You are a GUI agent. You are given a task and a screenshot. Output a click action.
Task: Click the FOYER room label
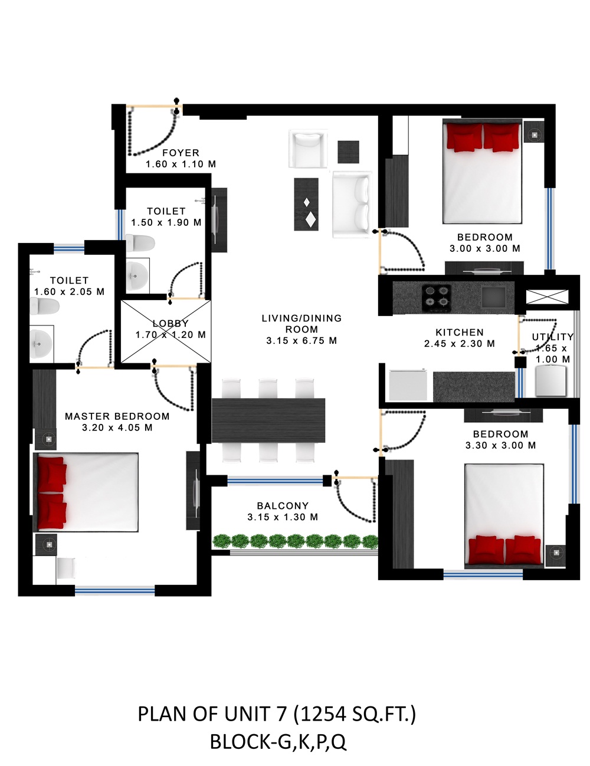tap(181, 153)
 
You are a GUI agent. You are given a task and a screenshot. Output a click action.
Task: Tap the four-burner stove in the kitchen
tap(437, 298)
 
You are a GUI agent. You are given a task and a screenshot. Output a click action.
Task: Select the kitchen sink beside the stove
tap(493, 296)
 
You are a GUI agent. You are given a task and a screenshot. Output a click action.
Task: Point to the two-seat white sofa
tap(352, 205)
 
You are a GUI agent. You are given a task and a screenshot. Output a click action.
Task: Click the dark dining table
tap(268, 420)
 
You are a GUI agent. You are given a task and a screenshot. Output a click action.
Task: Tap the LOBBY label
tap(171, 323)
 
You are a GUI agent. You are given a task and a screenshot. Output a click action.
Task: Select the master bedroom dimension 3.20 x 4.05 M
tap(117, 428)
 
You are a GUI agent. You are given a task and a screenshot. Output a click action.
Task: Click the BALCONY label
tap(283, 506)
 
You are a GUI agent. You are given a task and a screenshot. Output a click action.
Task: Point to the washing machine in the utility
tap(550, 381)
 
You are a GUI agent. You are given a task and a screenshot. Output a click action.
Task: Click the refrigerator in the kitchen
tap(408, 384)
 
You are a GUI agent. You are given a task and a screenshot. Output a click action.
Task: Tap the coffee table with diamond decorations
tap(306, 204)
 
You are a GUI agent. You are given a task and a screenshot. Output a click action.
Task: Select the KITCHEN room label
tap(460, 332)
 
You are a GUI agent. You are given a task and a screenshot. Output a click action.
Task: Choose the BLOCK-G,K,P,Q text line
tap(278, 742)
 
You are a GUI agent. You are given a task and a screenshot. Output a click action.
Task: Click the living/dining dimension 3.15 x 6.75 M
tap(301, 341)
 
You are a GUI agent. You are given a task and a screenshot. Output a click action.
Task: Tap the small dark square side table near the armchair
tap(349, 152)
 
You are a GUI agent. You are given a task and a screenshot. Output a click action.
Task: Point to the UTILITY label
tap(553, 337)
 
